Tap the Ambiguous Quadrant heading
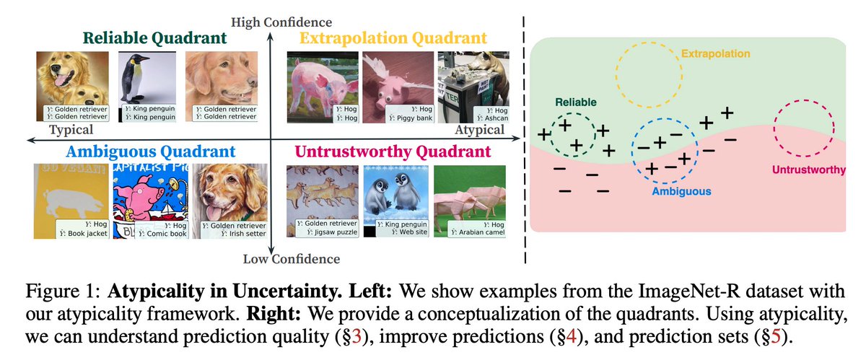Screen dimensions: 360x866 (150, 152)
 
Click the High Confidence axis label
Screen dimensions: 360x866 (271, 23)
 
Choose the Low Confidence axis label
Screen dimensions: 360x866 (291, 258)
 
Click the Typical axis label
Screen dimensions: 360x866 (71, 130)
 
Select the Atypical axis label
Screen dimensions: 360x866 (479, 130)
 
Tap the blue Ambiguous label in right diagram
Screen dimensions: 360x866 (681, 191)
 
